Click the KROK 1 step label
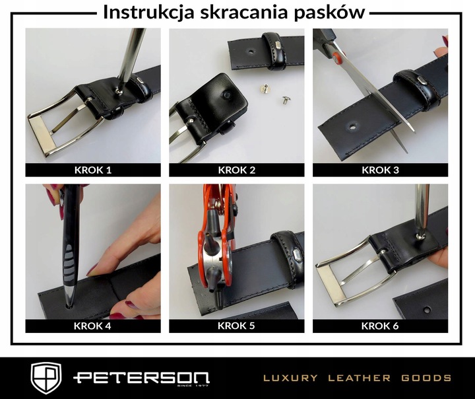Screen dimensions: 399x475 click(93, 170)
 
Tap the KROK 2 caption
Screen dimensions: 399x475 click(236, 170)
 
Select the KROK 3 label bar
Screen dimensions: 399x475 click(381, 170)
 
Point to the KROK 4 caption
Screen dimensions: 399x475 click(93, 326)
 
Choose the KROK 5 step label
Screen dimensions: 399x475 click(236, 326)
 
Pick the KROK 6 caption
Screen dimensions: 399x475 click(381, 326)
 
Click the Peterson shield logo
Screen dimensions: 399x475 click(46, 378)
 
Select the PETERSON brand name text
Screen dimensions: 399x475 click(124, 378)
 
